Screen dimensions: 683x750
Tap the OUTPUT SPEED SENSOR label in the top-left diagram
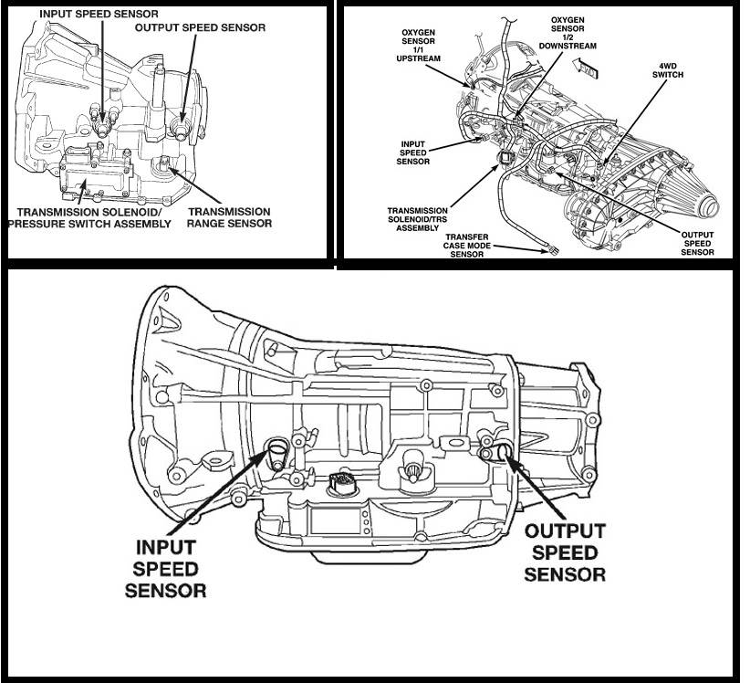200,28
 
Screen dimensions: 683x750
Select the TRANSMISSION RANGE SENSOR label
229,216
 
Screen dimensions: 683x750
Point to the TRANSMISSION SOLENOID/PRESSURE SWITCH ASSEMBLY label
89,216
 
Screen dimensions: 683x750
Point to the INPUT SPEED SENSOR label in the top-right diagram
414,152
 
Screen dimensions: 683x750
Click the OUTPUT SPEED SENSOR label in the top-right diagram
698,242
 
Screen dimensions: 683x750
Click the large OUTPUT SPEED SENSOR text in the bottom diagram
566,552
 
